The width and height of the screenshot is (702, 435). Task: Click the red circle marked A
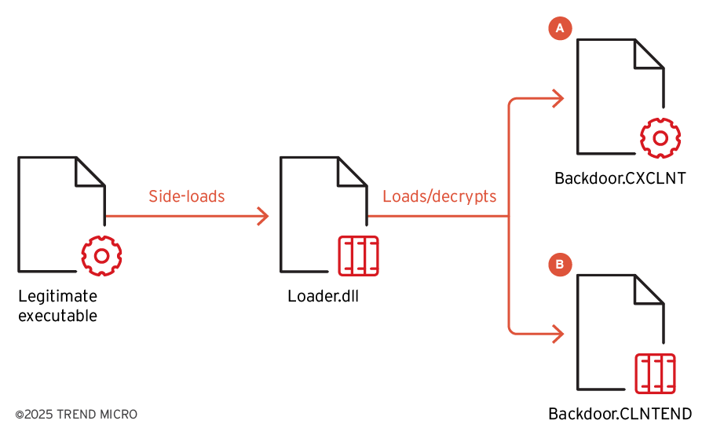(560, 28)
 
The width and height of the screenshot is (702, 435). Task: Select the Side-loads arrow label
(187, 196)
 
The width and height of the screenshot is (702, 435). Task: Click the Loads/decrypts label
(440, 196)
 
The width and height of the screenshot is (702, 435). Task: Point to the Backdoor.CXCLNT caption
(620, 179)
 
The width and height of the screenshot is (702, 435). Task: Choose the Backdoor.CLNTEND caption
(620, 414)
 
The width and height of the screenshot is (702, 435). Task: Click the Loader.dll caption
(324, 297)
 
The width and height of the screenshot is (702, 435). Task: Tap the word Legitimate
(57, 297)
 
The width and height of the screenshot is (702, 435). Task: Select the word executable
(57, 316)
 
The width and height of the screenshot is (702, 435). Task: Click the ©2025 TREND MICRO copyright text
(75, 414)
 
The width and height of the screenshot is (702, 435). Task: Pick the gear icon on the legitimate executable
(101, 254)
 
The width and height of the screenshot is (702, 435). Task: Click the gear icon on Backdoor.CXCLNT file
(661, 137)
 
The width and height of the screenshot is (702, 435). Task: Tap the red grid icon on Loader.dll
(358, 255)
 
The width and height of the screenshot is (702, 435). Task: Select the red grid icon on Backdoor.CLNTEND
(655, 373)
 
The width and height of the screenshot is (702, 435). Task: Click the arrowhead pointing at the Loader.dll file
(263, 215)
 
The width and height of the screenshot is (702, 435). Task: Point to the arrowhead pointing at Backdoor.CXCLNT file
(558, 98)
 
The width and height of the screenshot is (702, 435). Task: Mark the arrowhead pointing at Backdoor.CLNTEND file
(558, 333)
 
